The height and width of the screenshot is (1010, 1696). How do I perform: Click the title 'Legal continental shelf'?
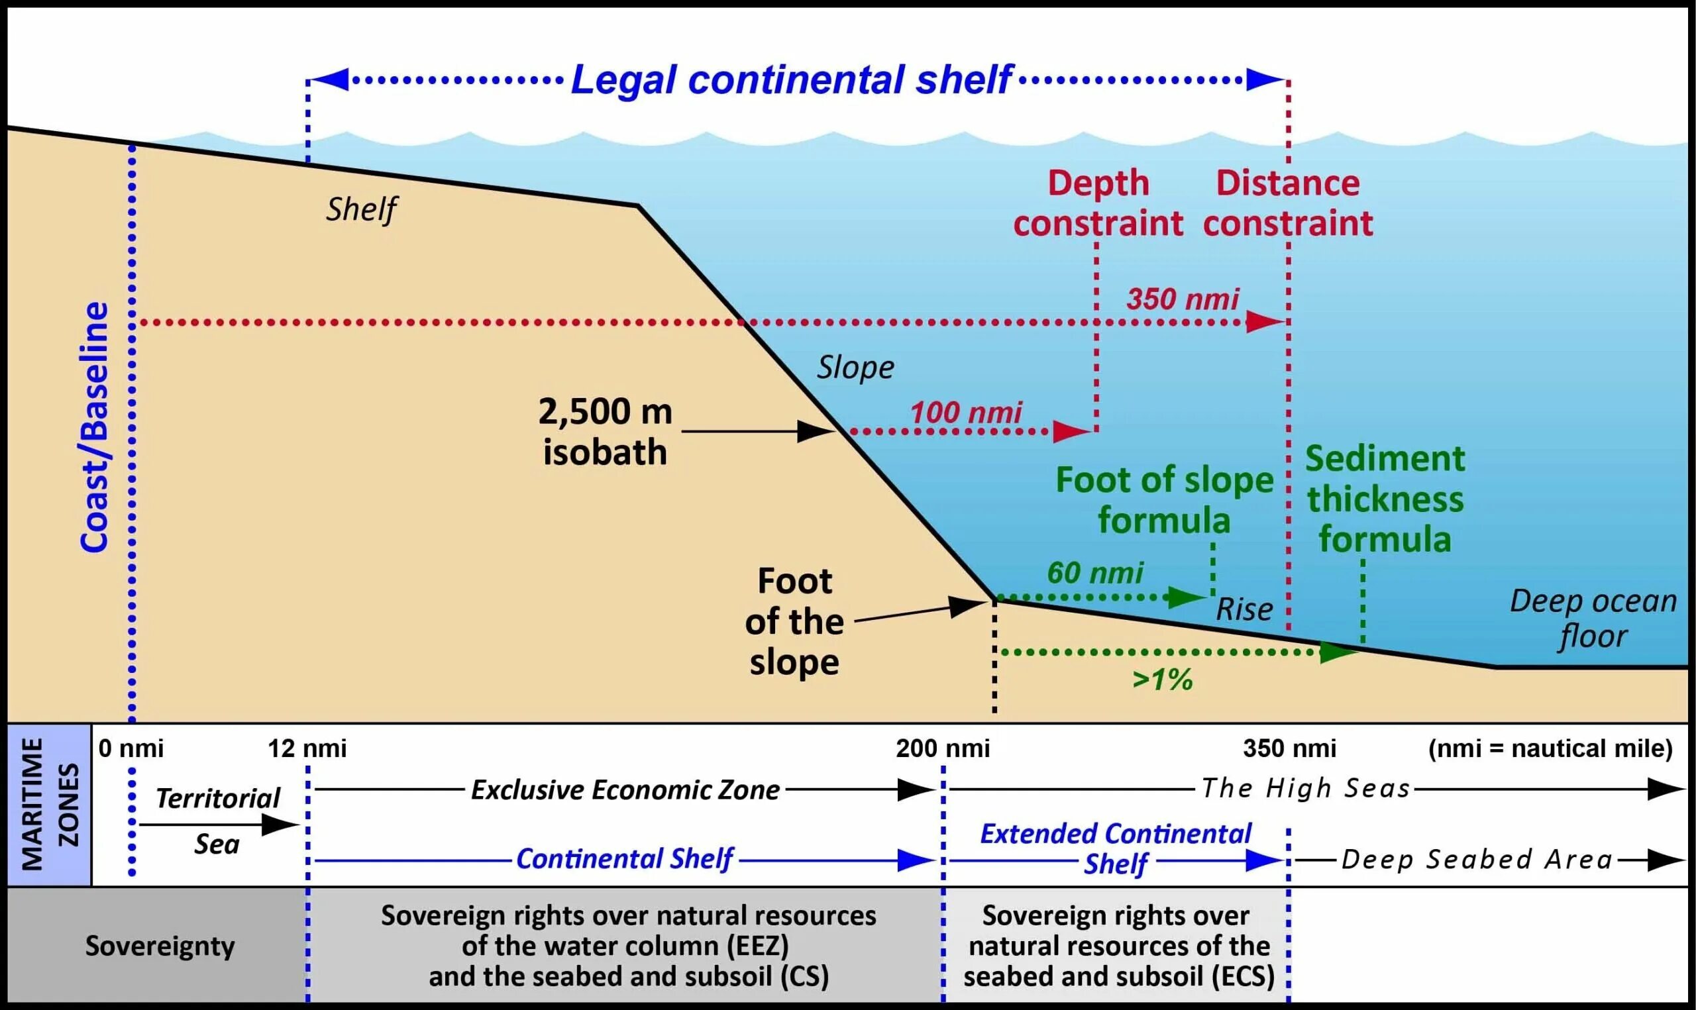pyautogui.click(x=792, y=79)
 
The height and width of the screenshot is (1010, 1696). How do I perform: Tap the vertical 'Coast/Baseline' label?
pyautogui.click(x=95, y=427)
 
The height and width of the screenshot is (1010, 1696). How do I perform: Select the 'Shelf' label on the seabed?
pyautogui.click(x=361, y=209)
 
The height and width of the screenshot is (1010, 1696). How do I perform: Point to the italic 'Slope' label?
pyautogui.click(x=855, y=368)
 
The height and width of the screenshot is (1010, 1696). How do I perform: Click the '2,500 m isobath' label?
pyautogui.click(x=605, y=432)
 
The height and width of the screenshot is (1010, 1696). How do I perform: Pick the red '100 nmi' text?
pyautogui.click(x=966, y=413)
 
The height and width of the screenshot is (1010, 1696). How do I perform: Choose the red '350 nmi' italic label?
pyautogui.click(x=1183, y=299)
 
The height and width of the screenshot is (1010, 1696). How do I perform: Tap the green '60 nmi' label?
pyautogui.click(x=1095, y=572)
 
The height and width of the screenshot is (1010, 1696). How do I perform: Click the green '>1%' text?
pyautogui.click(x=1163, y=680)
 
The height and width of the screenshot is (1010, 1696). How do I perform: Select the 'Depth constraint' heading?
pyautogui.click(x=1098, y=203)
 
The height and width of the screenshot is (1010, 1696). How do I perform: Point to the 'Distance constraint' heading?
pyautogui.click(x=1288, y=203)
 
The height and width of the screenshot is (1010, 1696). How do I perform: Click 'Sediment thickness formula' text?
pyautogui.click(x=1385, y=499)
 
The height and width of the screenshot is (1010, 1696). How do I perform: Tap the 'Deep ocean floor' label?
pyautogui.click(x=1593, y=618)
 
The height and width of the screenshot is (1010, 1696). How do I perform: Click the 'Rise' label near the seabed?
pyautogui.click(x=1244, y=609)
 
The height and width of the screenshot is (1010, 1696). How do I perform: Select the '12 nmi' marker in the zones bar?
pyautogui.click(x=307, y=748)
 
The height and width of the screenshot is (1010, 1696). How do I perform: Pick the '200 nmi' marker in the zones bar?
pyautogui.click(x=943, y=748)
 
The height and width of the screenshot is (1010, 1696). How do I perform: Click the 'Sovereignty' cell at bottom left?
pyautogui.click(x=160, y=946)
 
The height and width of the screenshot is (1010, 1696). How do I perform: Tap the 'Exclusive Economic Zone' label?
pyautogui.click(x=625, y=789)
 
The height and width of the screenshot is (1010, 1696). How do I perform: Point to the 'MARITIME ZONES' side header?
pyautogui.click(x=50, y=805)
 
